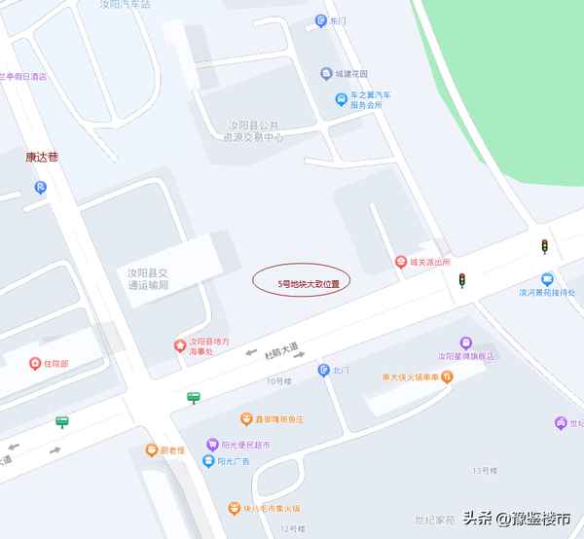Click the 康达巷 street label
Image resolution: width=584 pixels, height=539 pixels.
click(42, 156)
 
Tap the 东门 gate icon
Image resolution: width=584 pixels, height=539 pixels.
click(320, 20)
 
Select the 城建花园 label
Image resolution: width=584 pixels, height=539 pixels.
click(351, 74)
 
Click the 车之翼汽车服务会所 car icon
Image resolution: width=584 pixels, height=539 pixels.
click(341, 99)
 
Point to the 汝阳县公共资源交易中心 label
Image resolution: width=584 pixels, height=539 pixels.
click(253, 132)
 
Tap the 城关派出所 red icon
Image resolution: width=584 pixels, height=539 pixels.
click(400, 262)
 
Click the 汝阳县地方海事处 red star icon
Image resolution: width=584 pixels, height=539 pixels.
click(179, 344)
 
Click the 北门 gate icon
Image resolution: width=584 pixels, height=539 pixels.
click(323, 370)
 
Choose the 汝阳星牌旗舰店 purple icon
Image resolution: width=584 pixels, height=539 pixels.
click(466, 342)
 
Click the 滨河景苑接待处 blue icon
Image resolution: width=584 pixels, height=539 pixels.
click(548, 278)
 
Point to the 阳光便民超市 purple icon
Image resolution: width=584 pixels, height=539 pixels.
click(211, 445)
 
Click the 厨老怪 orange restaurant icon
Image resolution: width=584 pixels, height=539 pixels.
click(152, 449)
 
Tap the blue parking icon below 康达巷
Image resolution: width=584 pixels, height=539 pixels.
click(40, 187)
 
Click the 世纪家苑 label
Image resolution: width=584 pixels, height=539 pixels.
click(433, 521)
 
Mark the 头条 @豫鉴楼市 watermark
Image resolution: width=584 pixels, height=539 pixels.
click(516, 519)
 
